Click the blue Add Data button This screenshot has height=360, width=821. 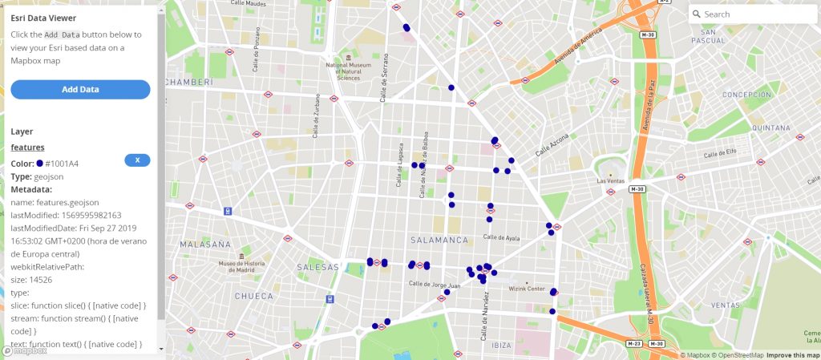tap(80, 89)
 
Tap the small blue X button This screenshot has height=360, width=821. tap(137, 160)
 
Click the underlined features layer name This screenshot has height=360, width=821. tap(27, 148)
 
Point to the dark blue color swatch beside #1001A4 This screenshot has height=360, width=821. tap(40, 164)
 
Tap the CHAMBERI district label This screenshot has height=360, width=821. tap(188, 83)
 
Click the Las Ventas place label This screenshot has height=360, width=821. tap(610, 181)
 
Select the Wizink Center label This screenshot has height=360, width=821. tap(526, 289)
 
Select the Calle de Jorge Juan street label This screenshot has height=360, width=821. tap(435, 285)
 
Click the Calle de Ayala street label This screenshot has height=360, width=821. tap(501, 237)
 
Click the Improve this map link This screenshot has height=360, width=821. tap(792, 355)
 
